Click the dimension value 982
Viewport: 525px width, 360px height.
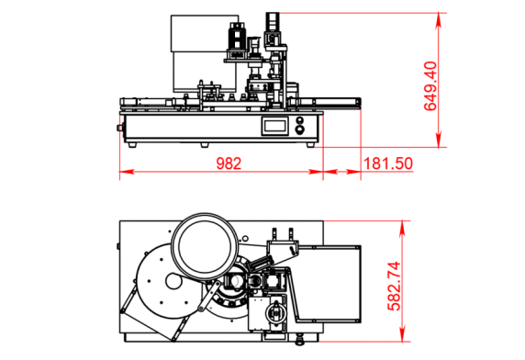[x=229, y=163]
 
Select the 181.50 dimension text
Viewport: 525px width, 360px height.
[x=387, y=163]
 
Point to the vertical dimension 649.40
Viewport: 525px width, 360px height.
[x=430, y=86]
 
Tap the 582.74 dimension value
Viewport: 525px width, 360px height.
[x=394, y=287]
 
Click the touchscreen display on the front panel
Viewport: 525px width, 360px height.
[x=274, y=126]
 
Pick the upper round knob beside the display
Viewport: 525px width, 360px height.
[x=300, y=120]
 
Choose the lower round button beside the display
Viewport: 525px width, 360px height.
[x=300, y=129]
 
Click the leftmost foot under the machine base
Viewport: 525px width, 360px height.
[x=132, y=145]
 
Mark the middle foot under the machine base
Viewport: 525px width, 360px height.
[x=205, y=145]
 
